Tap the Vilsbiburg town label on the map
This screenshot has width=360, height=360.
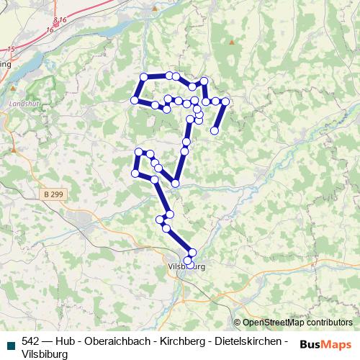point(186,266)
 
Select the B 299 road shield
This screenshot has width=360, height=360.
point(51,194)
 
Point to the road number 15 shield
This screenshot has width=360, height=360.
point(10,48)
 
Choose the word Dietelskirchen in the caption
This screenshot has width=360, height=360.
point(249,341)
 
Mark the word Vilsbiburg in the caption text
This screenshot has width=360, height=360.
point(45,354)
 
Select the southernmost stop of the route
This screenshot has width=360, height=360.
point(188,261)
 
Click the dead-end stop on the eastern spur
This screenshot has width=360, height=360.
point(215,130)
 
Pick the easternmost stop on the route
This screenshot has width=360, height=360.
point(225,102)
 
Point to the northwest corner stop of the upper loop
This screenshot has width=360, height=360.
point(144,76)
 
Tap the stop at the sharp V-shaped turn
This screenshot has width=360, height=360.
point(175,184)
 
